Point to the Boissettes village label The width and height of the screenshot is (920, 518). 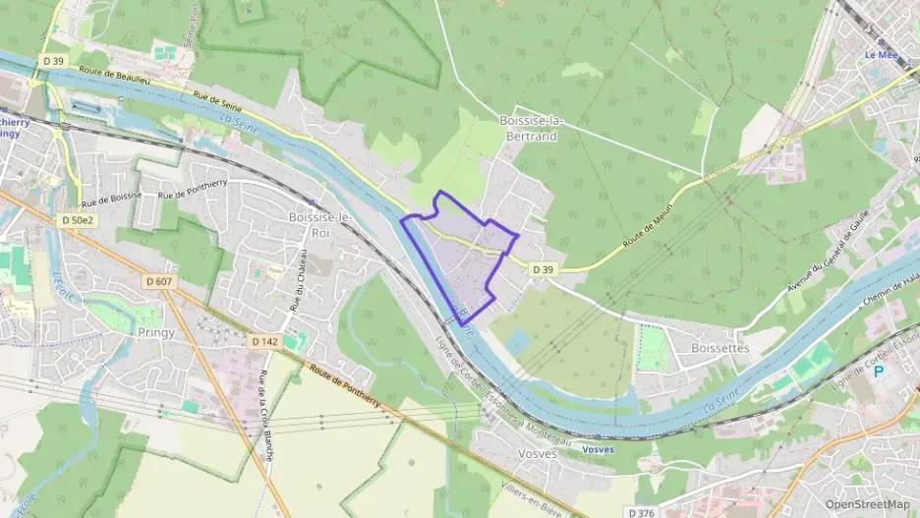click(719, 348)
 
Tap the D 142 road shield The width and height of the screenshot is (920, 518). click(262, 341)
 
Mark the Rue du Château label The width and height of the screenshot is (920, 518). click(297, 282)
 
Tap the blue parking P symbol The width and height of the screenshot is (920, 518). click(880, 372)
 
